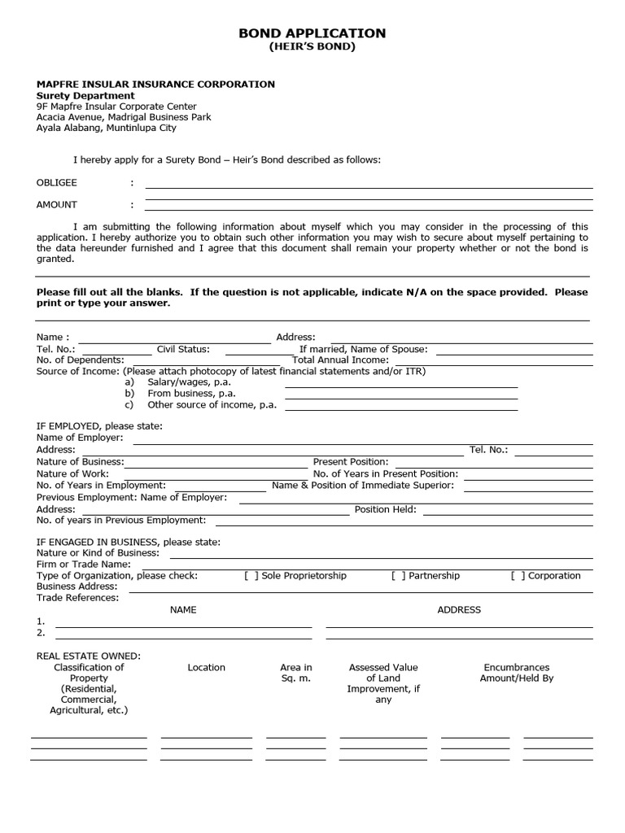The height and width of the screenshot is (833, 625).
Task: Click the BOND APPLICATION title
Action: click(312, 33)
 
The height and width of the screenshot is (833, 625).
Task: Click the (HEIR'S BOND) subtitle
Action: click(312, 47)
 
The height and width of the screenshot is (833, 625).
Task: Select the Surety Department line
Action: click(85, 95)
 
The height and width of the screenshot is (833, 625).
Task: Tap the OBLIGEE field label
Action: click(57, 183)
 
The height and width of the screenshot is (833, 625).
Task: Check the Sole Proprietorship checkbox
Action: click(251, 576)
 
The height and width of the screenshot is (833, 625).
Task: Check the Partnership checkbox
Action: click(398, 576)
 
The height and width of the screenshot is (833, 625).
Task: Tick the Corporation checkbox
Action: click(518, 576)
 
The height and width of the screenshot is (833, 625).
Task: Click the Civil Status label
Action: click(183, 349)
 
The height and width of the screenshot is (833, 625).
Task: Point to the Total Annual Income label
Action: click(340, 360)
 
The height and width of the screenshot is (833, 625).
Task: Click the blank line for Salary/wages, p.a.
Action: click(400, 386)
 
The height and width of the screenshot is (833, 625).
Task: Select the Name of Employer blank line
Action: click(362, 443)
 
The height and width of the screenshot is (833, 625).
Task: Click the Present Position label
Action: click(351, 461)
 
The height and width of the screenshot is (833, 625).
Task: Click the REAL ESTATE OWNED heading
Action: click(89, 656)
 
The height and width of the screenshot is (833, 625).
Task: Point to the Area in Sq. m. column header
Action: click(296, 673)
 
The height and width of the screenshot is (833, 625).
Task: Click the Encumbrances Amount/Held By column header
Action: click(517, 673)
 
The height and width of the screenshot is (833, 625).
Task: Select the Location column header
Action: click(206, 667)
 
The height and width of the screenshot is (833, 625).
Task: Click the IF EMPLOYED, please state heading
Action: click(99, 425)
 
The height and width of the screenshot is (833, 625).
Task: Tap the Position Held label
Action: click(385, 509)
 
